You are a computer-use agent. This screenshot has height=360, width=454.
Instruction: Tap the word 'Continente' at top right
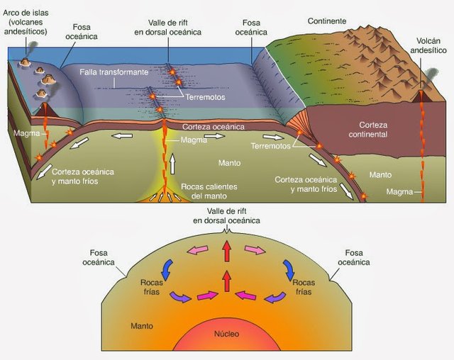327,21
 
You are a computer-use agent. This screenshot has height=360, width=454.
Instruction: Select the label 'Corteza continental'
368,129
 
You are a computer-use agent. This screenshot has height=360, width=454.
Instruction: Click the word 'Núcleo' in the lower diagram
227,333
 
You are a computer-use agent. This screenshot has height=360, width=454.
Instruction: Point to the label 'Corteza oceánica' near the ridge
214,126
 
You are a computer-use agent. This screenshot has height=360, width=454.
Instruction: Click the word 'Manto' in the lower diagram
142,326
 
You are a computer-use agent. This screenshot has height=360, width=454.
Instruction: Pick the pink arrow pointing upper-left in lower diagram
199,249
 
